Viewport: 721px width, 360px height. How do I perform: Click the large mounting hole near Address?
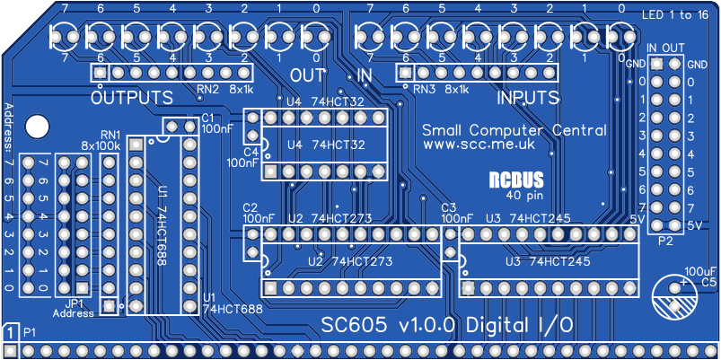point(37,127)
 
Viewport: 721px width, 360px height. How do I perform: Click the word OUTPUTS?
point(132,96)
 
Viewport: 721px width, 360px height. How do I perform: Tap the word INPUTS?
point(528,96)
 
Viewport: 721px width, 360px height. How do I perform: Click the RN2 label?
point(208,89)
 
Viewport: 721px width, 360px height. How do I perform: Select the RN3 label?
point(424,89)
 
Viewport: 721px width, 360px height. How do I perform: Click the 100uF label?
point(699,269)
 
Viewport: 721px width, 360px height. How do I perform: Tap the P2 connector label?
point(665,242)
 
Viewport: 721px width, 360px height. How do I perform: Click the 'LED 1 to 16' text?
point(680,15)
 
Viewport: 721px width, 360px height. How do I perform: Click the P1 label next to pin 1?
point(29,333)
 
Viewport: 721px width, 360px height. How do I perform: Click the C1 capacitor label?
point(207,118)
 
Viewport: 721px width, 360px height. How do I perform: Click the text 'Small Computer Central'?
point(514,129)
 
